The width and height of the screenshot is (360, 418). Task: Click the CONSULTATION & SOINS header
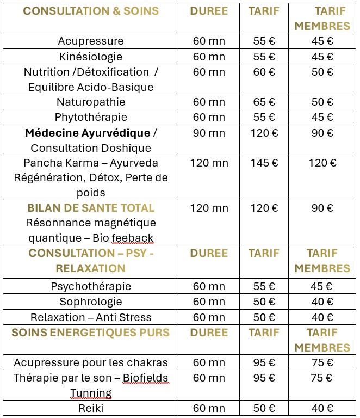pos(90,11)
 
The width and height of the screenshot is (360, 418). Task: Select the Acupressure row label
pos(91,41)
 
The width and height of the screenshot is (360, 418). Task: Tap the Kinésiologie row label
pos(91,57)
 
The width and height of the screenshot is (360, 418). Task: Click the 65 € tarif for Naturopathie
pos(264,102)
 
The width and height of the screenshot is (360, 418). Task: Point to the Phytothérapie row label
pos(91,117)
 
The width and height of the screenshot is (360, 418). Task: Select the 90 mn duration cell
pos(209,133)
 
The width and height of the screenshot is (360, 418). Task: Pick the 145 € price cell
pos(264,163)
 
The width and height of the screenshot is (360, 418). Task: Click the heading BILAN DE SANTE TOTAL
pos(91,208)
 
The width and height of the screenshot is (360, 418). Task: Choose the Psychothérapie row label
pos(91,286)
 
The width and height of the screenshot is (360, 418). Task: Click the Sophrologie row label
pos(91,302)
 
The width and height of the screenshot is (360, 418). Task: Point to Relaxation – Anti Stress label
pos(91,317)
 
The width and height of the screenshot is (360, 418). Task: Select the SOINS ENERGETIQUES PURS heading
pos(91,333)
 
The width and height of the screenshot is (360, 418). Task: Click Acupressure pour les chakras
pos(91,362)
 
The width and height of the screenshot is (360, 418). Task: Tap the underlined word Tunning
pos(91,393)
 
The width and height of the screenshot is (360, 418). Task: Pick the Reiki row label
pos(91,409)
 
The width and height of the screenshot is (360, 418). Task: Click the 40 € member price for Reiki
pos(322,409)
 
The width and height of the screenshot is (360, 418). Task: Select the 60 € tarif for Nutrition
pos(264,72)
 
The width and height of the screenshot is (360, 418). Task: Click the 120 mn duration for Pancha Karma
pos(209,163)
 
